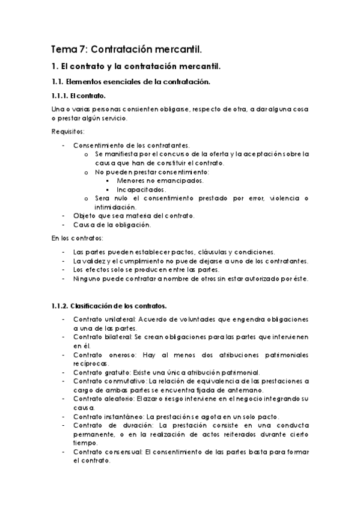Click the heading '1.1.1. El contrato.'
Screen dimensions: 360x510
point(80,96)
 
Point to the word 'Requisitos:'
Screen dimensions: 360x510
point(69,132)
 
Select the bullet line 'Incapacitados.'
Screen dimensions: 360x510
point(142,189)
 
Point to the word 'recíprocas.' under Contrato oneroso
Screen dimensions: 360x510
point(90,364)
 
